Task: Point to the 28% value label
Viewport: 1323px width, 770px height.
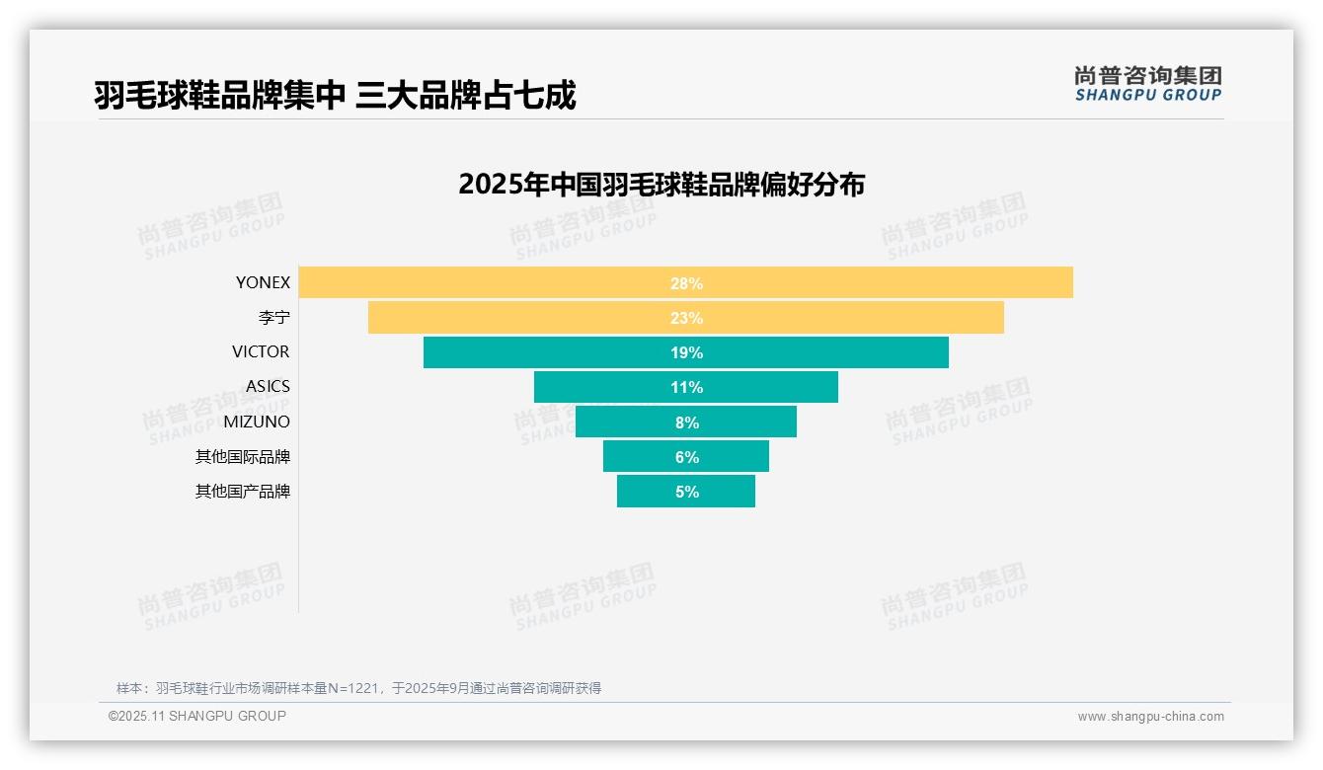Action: click(x=686, y=283)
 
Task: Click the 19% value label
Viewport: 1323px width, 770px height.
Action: click(x=686, y=352)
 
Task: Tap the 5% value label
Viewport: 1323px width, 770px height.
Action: click(x=686, y=492)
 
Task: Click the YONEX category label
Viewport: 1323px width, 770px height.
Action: click(x=263, y=282)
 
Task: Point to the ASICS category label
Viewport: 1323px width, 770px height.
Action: click(x=268, y=386)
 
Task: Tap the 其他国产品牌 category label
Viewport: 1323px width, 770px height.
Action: click(x=243, y=491)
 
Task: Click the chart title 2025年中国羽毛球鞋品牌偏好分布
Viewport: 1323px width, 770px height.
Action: click(x=661, y=185)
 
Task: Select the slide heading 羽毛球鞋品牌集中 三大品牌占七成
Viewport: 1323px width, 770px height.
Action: click(x=335, y=95)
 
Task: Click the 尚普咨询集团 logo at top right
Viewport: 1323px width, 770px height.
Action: click(x=1147, y=83)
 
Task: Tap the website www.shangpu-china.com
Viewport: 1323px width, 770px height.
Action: click(x=1150, y=717)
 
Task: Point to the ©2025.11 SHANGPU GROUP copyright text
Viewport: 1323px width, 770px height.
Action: click(x=197, y=716)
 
